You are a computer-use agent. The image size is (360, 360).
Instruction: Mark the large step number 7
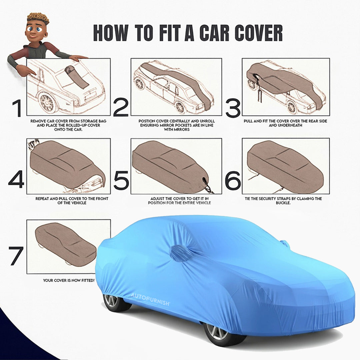tap(16, 256)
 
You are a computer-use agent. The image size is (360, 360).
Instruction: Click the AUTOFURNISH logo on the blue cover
tap(150, 295)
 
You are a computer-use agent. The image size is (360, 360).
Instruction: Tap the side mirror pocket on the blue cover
tap(180, 253)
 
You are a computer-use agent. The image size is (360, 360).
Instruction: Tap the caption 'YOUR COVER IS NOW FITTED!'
tap(69, 280)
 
